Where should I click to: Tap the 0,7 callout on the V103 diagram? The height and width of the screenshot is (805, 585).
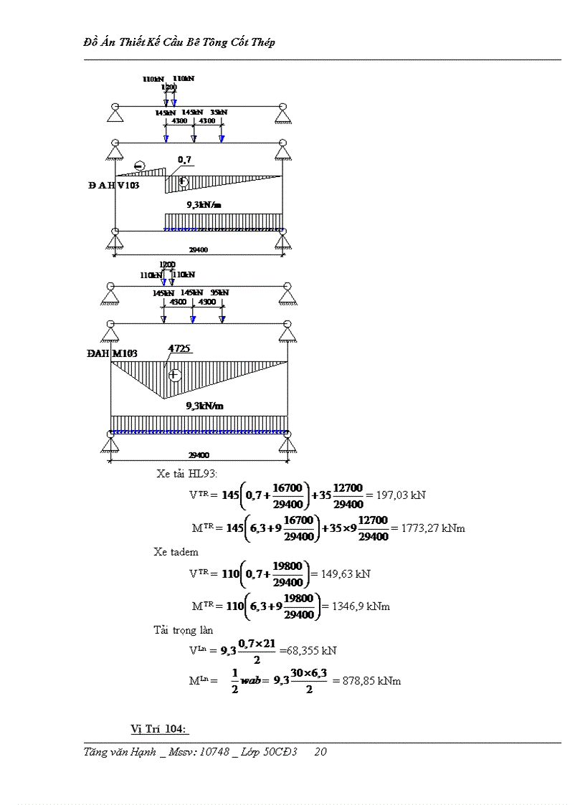(184, 160)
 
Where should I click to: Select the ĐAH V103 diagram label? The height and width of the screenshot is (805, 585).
(114, 186)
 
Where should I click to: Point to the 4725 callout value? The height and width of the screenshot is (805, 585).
(179, 349)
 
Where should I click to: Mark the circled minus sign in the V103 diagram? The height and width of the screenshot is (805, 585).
(139, 166)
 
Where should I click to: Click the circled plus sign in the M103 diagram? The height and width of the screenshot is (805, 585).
(175, 375)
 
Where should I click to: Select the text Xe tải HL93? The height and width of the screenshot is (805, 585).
(187, 473)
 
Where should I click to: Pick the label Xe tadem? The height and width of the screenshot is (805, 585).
(176, 551)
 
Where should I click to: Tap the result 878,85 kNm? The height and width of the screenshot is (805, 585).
(371, 680)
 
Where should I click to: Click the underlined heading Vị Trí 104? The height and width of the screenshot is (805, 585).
(159, 729)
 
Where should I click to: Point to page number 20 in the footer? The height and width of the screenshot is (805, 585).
(320, 752)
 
